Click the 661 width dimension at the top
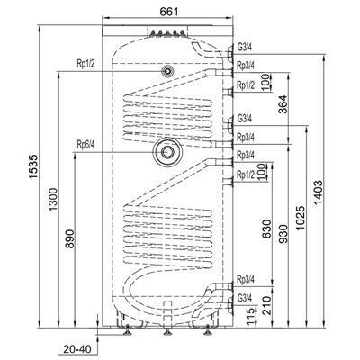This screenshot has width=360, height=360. [169, 12]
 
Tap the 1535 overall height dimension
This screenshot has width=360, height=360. [33, 166]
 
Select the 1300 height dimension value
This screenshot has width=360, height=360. [53, 199]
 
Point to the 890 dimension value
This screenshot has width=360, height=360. [69, 238]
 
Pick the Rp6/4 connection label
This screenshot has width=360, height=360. [85, 145]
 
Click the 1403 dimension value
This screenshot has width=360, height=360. [318, 193]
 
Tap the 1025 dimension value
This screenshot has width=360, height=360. [301, 218]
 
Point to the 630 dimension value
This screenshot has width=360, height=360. [266, 229]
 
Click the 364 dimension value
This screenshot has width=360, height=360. [283, 104]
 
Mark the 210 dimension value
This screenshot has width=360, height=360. [266, 305]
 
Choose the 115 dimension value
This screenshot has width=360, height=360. [251, 317]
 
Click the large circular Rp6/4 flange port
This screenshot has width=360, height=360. [167, 152]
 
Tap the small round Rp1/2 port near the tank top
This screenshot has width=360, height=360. [167, 71]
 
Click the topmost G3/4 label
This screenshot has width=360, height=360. [245, 48]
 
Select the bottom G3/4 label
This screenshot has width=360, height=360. [245, 298]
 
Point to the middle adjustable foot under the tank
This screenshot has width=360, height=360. [167, 330]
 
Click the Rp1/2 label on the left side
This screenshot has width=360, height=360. [85, 64]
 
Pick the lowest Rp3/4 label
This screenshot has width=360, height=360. [246, 279]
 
